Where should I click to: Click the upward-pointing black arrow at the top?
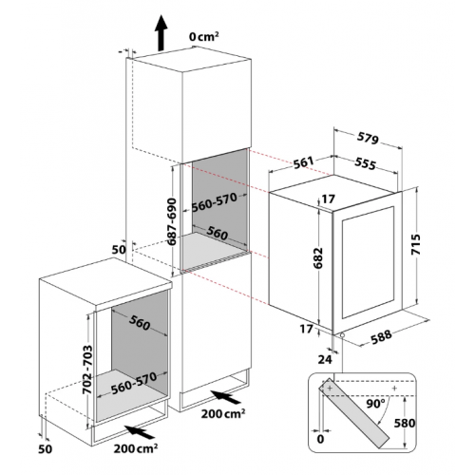(161, 32)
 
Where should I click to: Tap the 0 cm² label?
(204, 37)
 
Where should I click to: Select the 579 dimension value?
(368, 138)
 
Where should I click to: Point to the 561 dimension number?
(303, 162)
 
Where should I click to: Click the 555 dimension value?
(365, 163)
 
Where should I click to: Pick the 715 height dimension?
(415, 244)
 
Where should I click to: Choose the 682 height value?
(318, 257)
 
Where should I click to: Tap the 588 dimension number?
(381, 337)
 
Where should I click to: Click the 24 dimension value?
(325, 359)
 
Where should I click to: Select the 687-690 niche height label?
(172, 221)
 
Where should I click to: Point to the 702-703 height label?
(87, 370)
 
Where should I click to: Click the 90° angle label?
(375, 404)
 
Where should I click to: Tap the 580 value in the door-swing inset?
(405, 423)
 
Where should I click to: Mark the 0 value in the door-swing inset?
(320, 439)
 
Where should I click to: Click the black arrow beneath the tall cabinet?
(225, 397)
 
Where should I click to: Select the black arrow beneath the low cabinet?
(140, 432)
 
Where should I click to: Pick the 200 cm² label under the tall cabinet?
(223, 413)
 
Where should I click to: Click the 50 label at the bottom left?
(45, 448)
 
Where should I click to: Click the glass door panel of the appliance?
(368, 262)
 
